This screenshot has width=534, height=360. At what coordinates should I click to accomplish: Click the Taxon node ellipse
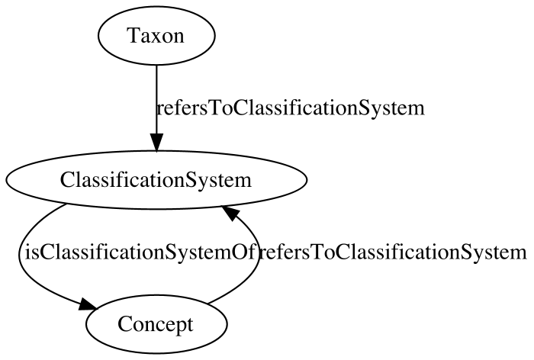click(156, 35)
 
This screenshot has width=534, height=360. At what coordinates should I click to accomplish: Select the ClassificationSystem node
click(156, 180)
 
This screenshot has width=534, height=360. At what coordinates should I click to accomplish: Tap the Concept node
click(156, 324)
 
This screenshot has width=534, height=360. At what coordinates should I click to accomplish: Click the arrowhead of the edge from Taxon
click(156, 143)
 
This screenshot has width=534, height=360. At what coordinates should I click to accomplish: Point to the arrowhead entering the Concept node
click(88, 304)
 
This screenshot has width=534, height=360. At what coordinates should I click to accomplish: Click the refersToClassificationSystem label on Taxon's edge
click(291, 108)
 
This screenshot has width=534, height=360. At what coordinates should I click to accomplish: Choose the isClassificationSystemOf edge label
click(140, 252)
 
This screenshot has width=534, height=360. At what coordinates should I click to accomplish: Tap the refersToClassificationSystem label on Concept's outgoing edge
click(393, 252)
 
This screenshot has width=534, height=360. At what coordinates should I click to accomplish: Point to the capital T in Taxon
click(133, 35)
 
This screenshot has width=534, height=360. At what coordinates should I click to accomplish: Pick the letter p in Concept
click(178, 326)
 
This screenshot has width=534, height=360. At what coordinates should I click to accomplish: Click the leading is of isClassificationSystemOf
click(31, 252)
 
